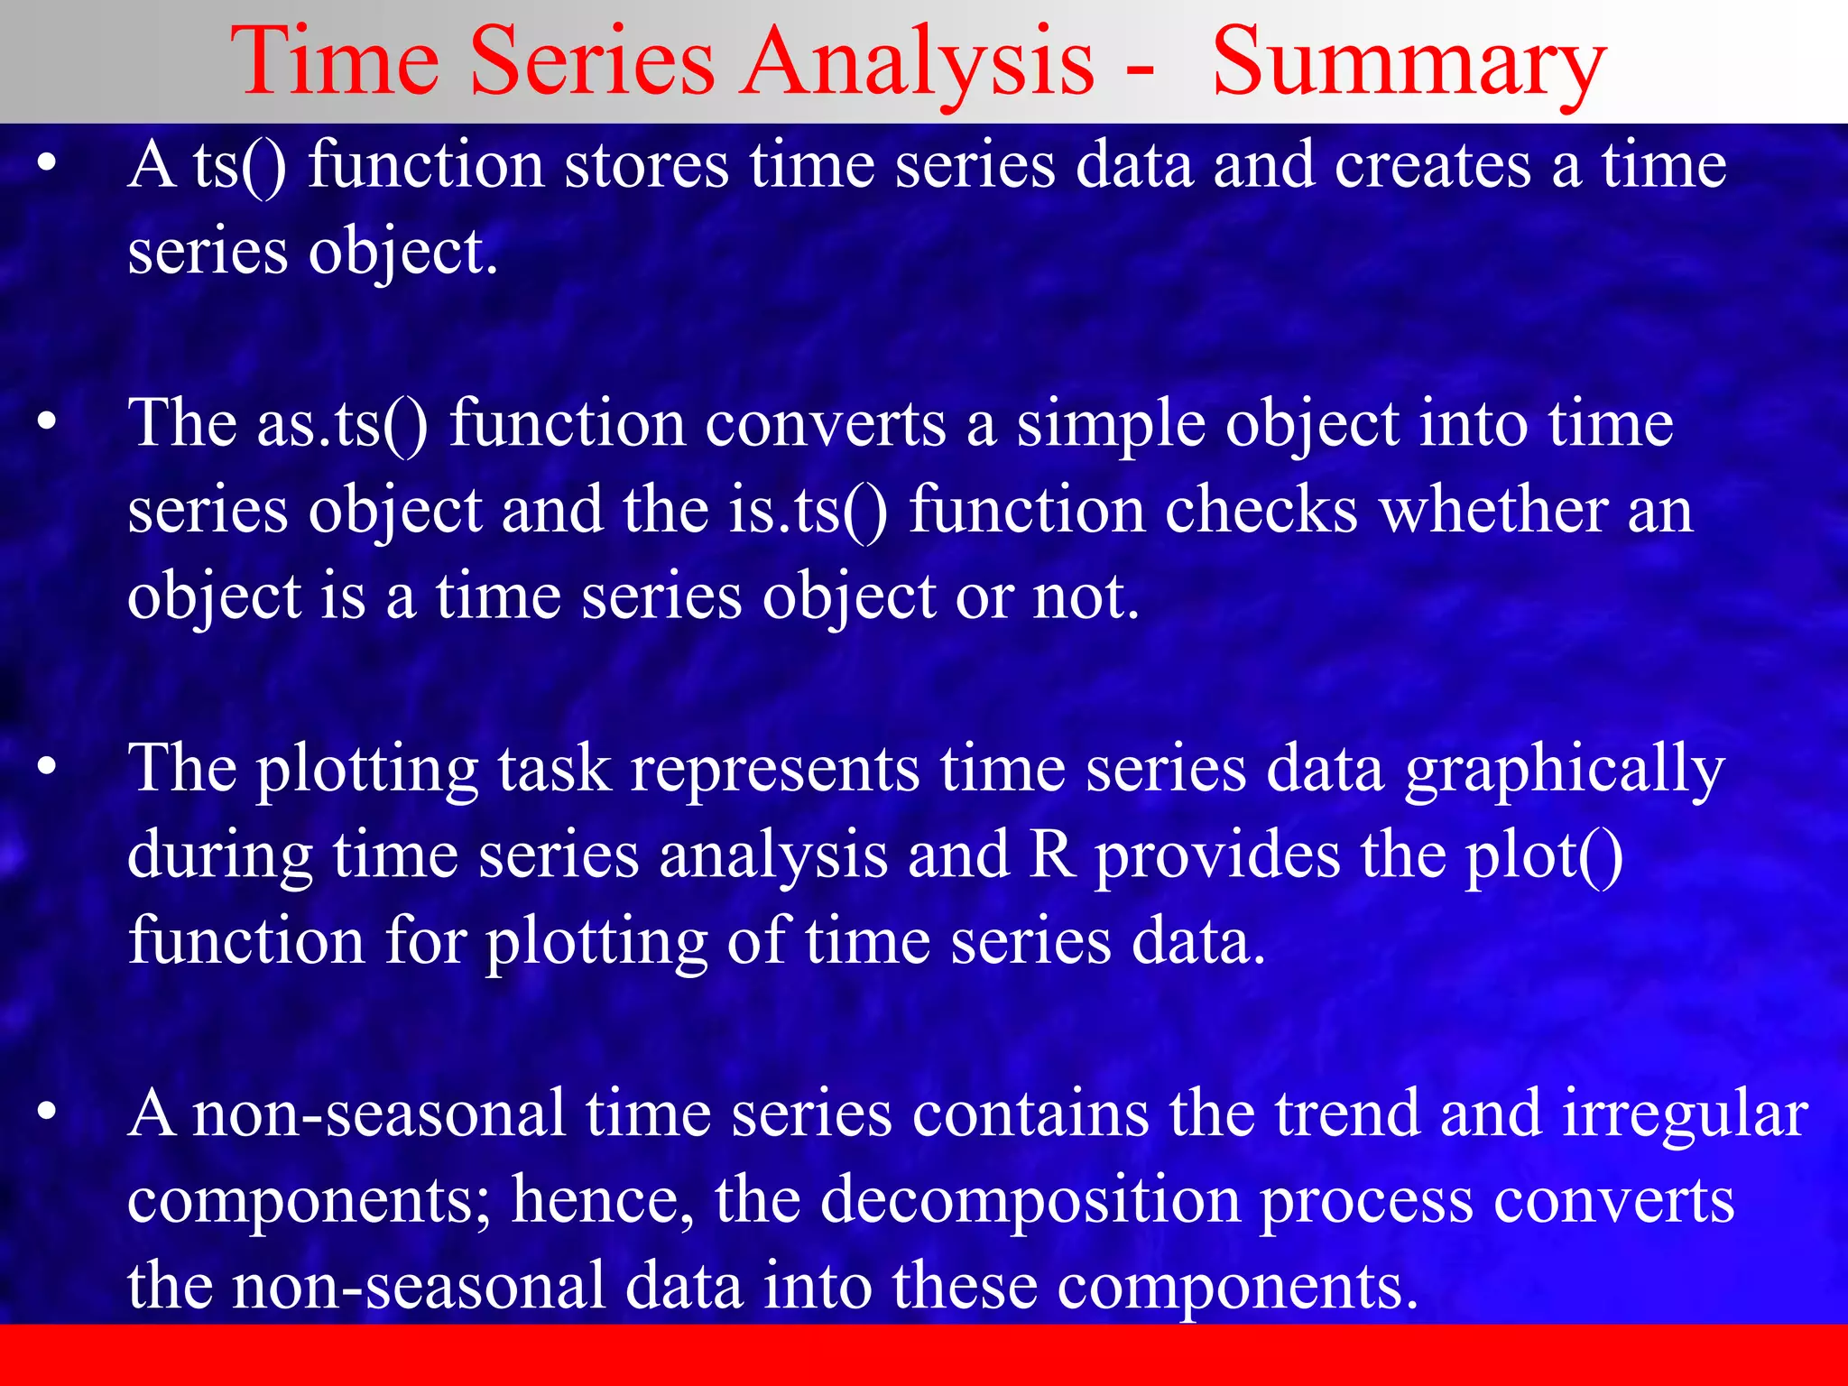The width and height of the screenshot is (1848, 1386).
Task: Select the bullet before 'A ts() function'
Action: [47, 164]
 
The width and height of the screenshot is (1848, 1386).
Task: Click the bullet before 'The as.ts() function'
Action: [47, 422]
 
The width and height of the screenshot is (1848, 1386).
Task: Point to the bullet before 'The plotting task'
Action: [47, 768]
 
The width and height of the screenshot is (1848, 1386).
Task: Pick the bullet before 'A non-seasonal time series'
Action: [47, 1113]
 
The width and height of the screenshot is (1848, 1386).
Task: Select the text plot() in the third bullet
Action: [1543, 855]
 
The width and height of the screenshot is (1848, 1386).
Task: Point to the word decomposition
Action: [1030, 1201]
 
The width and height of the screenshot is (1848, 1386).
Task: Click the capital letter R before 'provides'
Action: [1052, 855]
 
